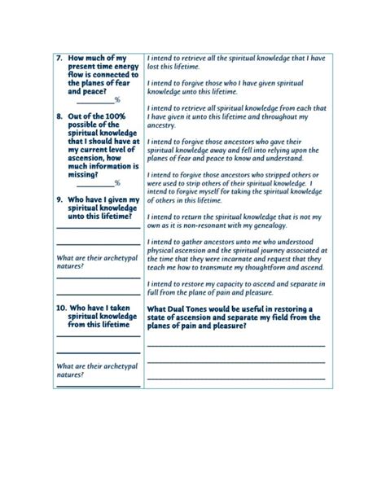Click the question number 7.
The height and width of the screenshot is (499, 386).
point(59,59)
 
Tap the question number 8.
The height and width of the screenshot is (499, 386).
point(59,117)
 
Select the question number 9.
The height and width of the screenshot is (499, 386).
point(59,199)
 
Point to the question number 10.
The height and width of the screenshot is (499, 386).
point(62,308)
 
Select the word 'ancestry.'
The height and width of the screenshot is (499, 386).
point(161,126)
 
